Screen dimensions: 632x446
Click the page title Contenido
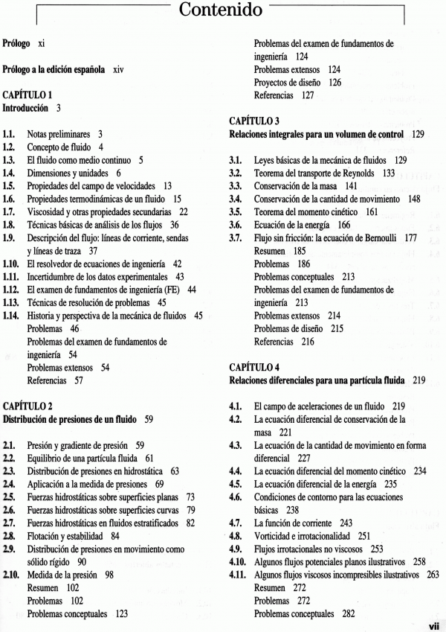click(x=221, y=11)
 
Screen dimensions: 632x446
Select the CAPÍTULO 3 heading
click(x=254, y=121)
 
